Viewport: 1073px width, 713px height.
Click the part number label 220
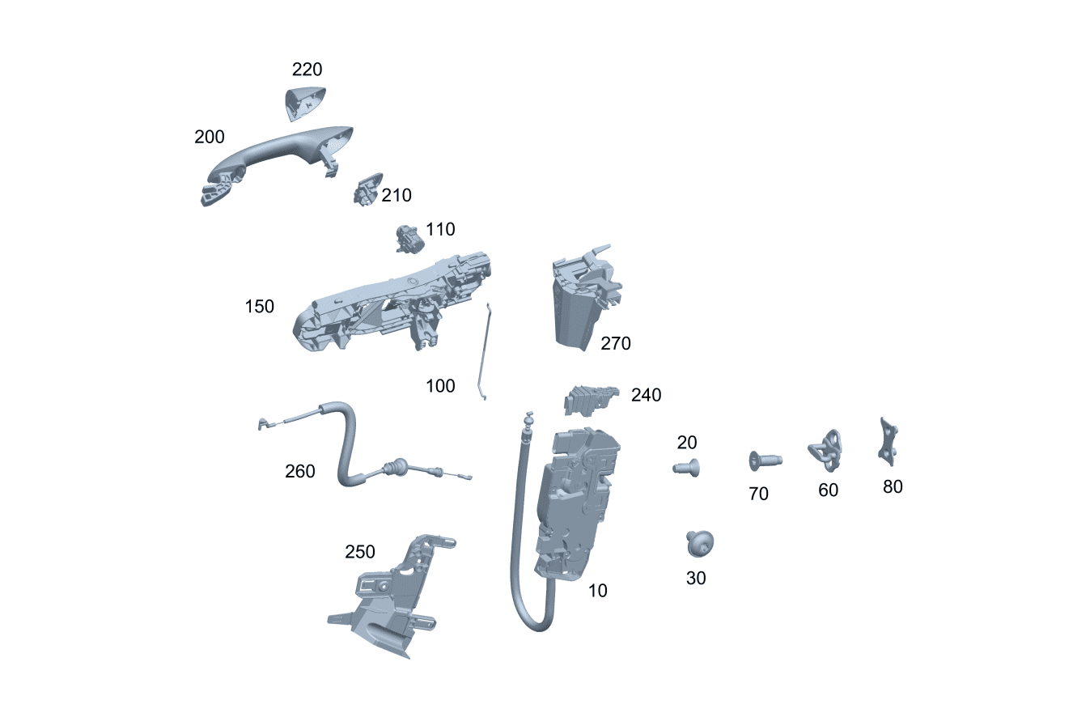point(307,70)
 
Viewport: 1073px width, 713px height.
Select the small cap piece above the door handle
point(304,102)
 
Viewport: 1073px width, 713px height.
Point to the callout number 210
point(397,195)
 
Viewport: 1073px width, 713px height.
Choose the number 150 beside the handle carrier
point(260,307)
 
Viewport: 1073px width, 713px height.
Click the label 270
point(615,344)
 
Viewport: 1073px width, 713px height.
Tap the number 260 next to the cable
point(299,471)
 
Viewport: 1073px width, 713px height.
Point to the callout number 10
point(597,591)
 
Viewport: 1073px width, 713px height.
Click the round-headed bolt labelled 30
point(700,544)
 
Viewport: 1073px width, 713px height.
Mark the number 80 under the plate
point(893,486)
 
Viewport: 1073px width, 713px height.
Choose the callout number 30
point(696,578)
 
